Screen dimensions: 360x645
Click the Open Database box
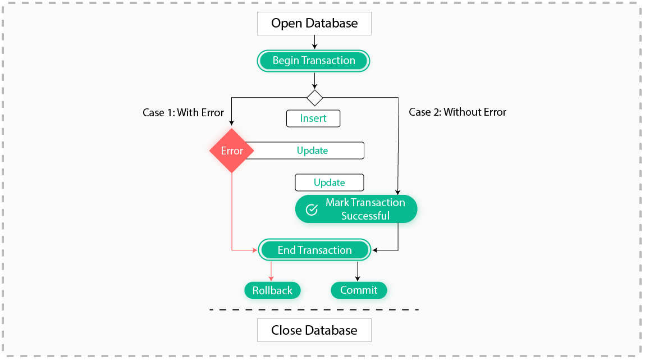tap(314, 24)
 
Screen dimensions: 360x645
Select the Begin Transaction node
tap(314, 61)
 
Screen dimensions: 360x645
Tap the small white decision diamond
tap(314, 98)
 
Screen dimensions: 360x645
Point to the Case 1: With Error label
tap(183, 112)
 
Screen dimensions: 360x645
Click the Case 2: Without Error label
tap(457, 112)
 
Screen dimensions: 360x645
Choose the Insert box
tap(313, 119)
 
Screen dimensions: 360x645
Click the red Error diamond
tap(231, 151)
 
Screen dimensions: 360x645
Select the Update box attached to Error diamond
tap(312, 151)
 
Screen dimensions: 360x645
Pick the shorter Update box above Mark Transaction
tap(330, 183)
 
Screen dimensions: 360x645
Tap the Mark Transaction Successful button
tap(356, 209)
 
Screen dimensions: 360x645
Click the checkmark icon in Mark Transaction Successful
tap(312, 209)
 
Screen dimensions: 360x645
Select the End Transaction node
tap(314, 250)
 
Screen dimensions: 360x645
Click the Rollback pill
tap(272, 290)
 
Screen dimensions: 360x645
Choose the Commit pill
tap(359, 290)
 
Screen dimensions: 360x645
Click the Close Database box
tap(314, 330)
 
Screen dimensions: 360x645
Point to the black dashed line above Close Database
tap(314, 309)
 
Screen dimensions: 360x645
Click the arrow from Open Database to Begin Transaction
tap(314, 42)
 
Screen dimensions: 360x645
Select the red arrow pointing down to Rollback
tap(271, 271)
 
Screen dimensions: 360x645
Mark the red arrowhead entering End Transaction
tap(255, 250)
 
